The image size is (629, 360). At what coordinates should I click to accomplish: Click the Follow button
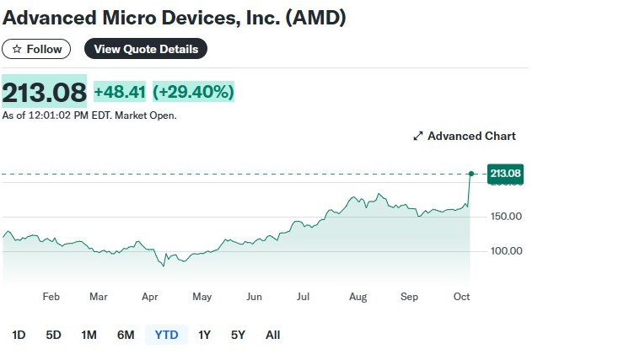pos(36,49)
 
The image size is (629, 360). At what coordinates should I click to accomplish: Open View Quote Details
pos(146,49)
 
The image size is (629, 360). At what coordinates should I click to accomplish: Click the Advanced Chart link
pos(465,136)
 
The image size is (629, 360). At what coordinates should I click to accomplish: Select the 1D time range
pos(19,335)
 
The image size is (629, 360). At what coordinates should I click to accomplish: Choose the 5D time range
pos(53,335)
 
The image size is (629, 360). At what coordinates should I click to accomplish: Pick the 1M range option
pos(89,335)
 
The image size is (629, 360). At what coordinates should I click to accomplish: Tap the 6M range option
pos(126,335)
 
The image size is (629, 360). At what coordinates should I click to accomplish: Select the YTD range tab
pos(166,335)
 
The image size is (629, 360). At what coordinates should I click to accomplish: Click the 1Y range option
pos(204,335)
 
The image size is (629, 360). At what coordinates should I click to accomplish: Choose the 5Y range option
pos(238,335)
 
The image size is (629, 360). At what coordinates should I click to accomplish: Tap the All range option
pos(272,335)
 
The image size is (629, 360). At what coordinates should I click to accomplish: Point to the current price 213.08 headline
pos(44,91)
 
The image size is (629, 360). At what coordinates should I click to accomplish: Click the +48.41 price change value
pos(120,91)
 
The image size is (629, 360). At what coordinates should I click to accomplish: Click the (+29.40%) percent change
pos(193,91)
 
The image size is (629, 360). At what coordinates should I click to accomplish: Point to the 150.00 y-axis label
pos(505,217)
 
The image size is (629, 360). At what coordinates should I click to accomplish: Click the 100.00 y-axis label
pos(505,251)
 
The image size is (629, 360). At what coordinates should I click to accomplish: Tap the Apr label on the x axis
pos(150,297)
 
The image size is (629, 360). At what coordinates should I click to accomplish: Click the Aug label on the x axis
pos(358,297)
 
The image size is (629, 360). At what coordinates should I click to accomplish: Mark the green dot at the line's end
pos(470,174)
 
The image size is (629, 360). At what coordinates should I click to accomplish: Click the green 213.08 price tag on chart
pos(506,174)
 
